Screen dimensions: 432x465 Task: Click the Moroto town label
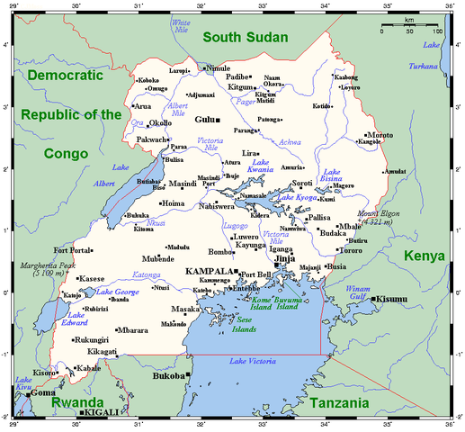pos(379,134)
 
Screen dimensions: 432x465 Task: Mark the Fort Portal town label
pos(72,250)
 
